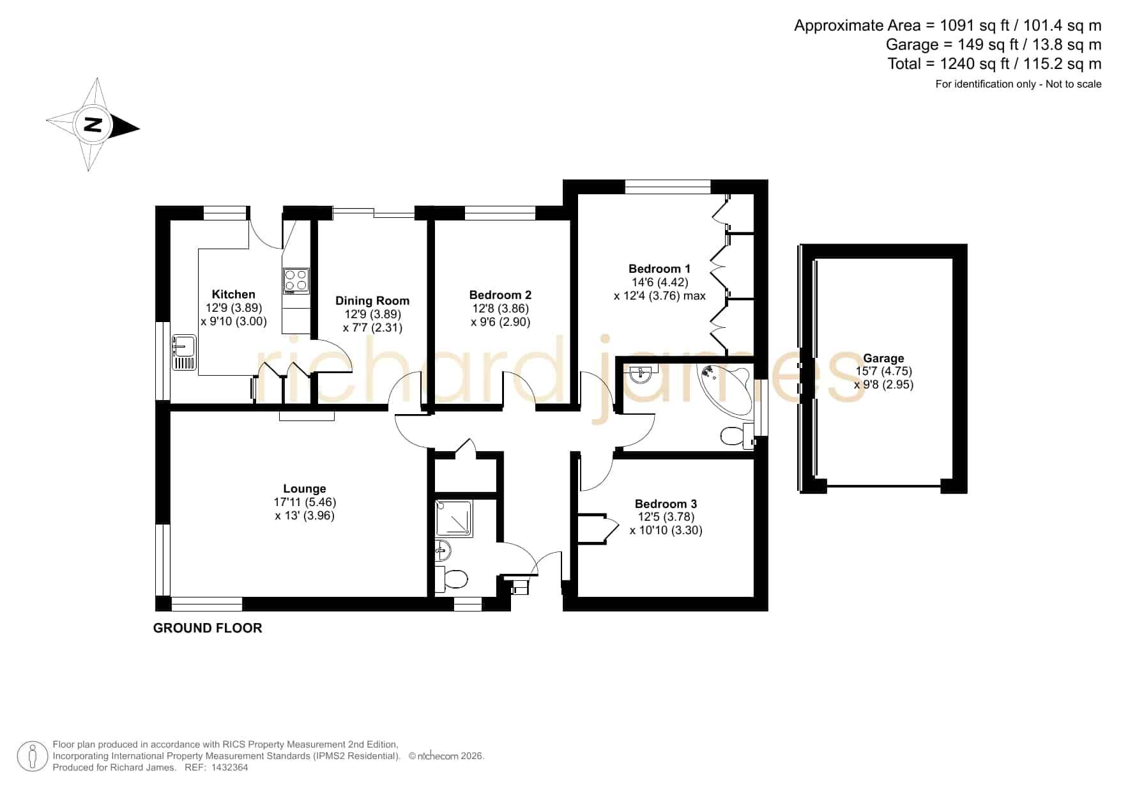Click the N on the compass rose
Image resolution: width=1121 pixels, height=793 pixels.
(93, 125)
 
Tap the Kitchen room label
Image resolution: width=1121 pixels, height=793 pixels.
(233, 294)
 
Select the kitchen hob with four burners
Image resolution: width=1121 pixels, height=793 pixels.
(296, 281)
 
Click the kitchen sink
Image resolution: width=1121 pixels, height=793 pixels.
(183, 352)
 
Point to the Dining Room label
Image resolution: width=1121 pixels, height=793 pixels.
(372, 300)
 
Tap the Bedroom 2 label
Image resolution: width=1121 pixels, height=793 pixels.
(500, 295)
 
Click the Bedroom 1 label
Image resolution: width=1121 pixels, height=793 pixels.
(659, 268)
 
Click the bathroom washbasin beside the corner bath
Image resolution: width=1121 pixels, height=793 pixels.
(641, 373)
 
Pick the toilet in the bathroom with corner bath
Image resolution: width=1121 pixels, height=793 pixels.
(738, 436)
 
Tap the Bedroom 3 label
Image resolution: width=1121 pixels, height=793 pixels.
(666, 504)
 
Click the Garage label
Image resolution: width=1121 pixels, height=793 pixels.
(883, 358)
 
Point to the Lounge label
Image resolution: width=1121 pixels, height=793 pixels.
(305, 489)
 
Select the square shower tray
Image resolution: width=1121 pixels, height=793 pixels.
(454, 519)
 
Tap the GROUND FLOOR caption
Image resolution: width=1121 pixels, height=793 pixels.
(208, 628)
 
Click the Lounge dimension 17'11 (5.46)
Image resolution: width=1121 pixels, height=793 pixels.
(305, 502)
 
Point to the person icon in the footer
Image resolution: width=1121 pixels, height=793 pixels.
(32, 757)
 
